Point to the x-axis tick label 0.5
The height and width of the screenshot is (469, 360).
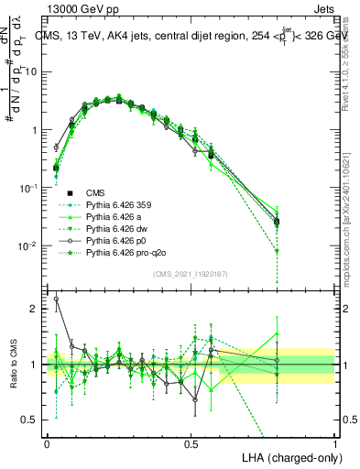pyautogui.click(x=191, y=442)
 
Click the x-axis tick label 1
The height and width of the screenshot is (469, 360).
pyautogui.click(x=335, y=442)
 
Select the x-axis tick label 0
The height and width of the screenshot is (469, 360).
pyautogui.click(x=47, y=442)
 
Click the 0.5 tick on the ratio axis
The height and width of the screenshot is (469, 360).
pyautogui.click(x=31, y=420)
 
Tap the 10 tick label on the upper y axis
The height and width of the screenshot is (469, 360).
pyautogui.click(x=32, y=71)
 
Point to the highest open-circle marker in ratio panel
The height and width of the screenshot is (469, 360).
pyautogui.click(x=55, y=299)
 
